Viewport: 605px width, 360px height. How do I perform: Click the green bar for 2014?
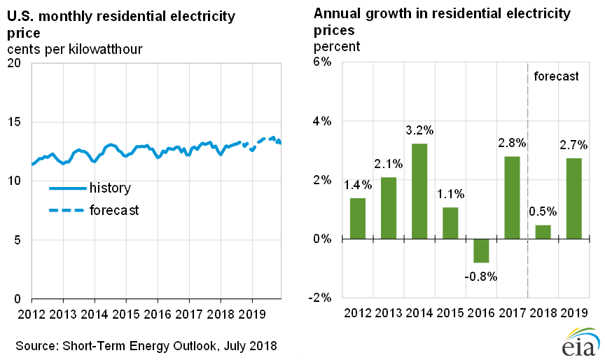[x=419, y=191]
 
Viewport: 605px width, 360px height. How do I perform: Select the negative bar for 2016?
[x=481, y=251]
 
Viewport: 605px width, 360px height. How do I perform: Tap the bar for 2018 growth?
[x=543, y=232]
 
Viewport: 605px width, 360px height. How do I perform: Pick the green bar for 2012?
[x=357, y=219]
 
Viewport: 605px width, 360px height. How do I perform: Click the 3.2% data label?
[x=419, y=130]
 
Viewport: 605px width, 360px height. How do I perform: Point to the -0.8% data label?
[x=480, y=276]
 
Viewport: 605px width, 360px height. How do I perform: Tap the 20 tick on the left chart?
[x=15, y=63]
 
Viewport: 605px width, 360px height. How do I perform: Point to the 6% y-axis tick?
[x=321, y=62]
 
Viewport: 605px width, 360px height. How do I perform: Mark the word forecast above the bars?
[x=556, y=76]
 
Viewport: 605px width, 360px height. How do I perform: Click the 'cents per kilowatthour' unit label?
[x=75, y=49]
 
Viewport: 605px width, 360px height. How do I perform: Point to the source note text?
[x=146, y=345]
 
